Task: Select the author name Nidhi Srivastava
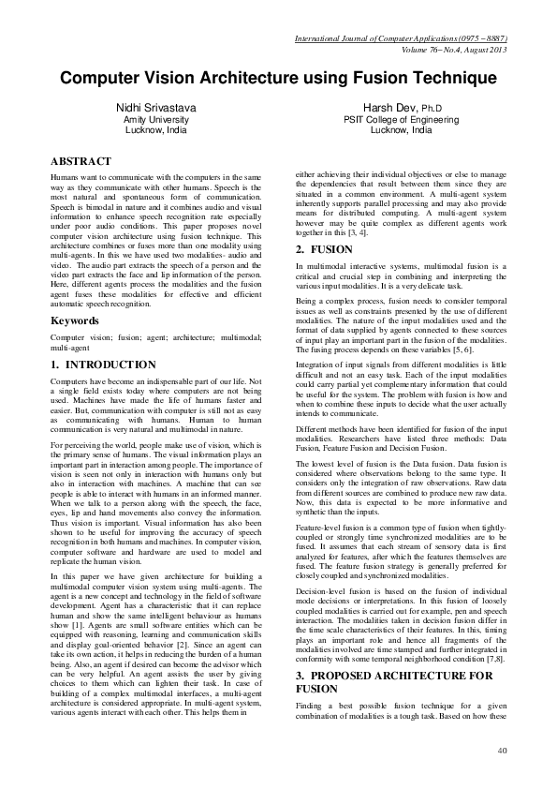[x=156, y=109]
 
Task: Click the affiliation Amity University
[x=156, y=121]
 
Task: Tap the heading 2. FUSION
[x=325, y=248]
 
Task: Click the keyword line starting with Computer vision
[x=156, y=336]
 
